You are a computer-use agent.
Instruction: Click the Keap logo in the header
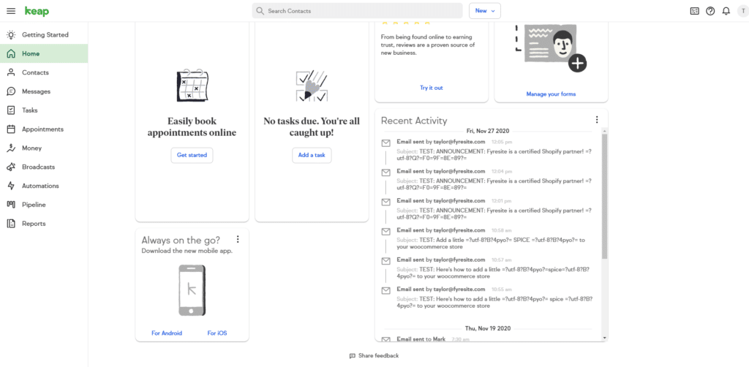(37, 11)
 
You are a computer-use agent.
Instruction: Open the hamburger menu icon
(11, 11)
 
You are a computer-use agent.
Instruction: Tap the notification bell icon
(726, 11)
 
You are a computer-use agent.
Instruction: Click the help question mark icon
(710, 11)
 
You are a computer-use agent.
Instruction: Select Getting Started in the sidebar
(45, 34)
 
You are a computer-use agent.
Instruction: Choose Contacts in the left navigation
(35, 72)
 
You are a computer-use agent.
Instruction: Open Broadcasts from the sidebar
(38, 167)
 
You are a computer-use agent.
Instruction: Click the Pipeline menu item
(34, 205)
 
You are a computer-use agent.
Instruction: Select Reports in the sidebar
(34, 224)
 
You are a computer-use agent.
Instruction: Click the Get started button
(192, 155)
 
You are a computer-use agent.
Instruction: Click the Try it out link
(431, 88)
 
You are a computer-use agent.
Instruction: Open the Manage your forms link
(551, 94)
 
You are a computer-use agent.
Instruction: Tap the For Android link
(167, 333)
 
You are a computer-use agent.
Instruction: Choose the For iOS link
(217, 333)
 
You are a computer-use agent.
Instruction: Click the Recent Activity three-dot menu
(597, 120)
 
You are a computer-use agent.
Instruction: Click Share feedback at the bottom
(374, 356)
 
